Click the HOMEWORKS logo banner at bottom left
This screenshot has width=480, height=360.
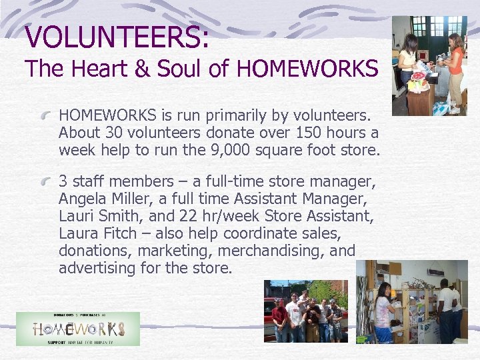tap(78, 329)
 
